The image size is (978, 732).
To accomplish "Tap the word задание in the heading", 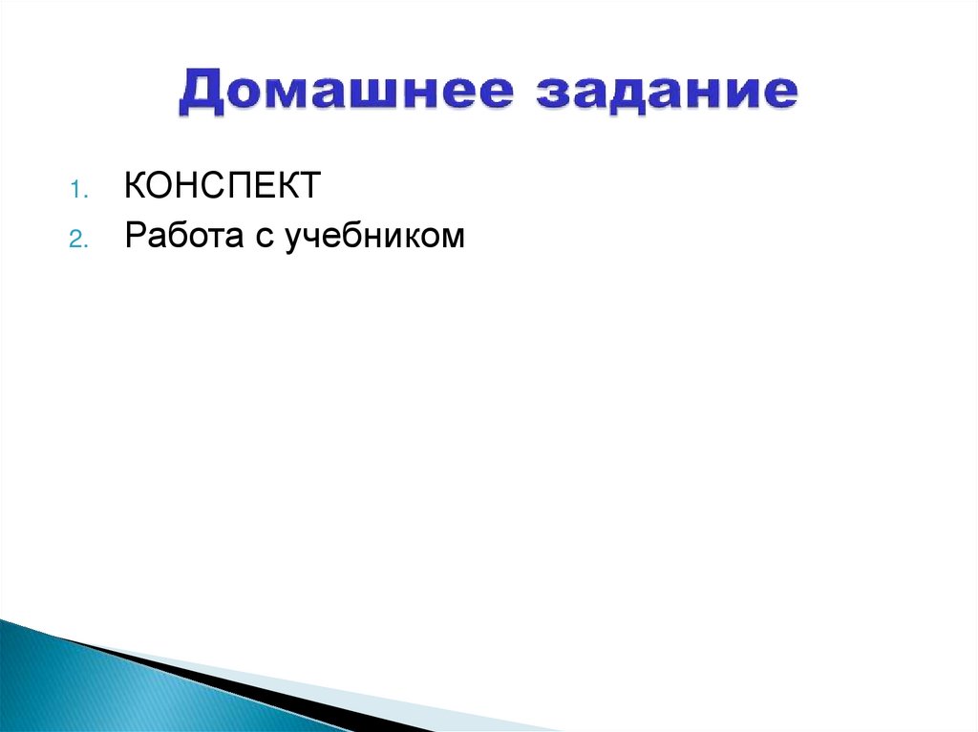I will click(x=665, y=93).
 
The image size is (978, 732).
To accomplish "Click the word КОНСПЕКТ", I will click(x=221, y=186).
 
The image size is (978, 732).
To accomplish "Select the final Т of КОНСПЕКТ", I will click(x=308, y=186).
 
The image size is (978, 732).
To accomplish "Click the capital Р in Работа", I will click(x=134, y=236).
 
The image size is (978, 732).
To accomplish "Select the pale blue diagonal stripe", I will click(x=382, y=701).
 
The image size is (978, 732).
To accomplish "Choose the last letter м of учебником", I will click(x=454, y=239).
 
